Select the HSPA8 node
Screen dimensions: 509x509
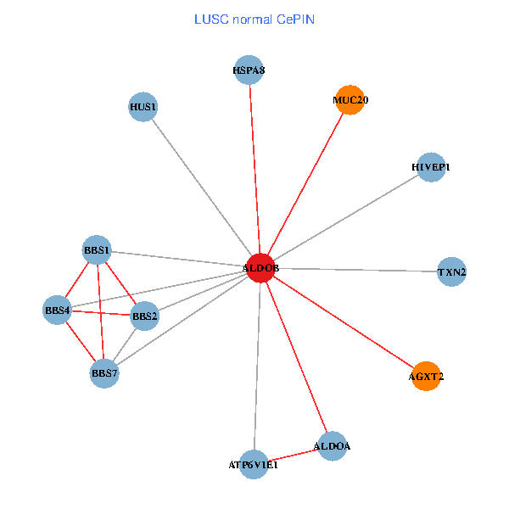249,70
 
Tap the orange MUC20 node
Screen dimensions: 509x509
350,100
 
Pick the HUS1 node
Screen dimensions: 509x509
143,107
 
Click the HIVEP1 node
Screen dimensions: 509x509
431,167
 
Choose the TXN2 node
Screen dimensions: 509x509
452,272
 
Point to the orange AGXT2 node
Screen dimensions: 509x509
427,375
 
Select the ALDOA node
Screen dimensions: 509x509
332,445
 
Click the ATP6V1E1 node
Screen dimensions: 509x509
254,464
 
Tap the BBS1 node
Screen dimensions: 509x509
97,250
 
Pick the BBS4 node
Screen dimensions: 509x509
57,310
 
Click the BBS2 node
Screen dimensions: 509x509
144,316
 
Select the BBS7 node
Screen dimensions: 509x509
104,372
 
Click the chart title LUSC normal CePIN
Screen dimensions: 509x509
255,19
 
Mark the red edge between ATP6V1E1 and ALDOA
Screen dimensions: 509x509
293,455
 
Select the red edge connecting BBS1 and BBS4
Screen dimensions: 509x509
77,280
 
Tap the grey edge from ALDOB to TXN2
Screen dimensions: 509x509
356,270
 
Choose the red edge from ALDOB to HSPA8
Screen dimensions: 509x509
255,169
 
